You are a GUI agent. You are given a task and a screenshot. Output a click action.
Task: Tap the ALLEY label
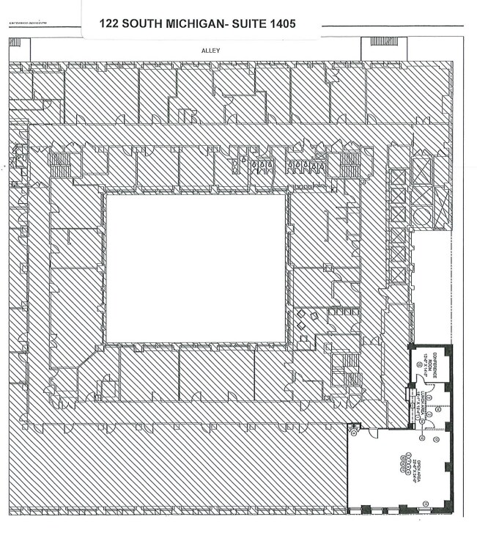point(211,51)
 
